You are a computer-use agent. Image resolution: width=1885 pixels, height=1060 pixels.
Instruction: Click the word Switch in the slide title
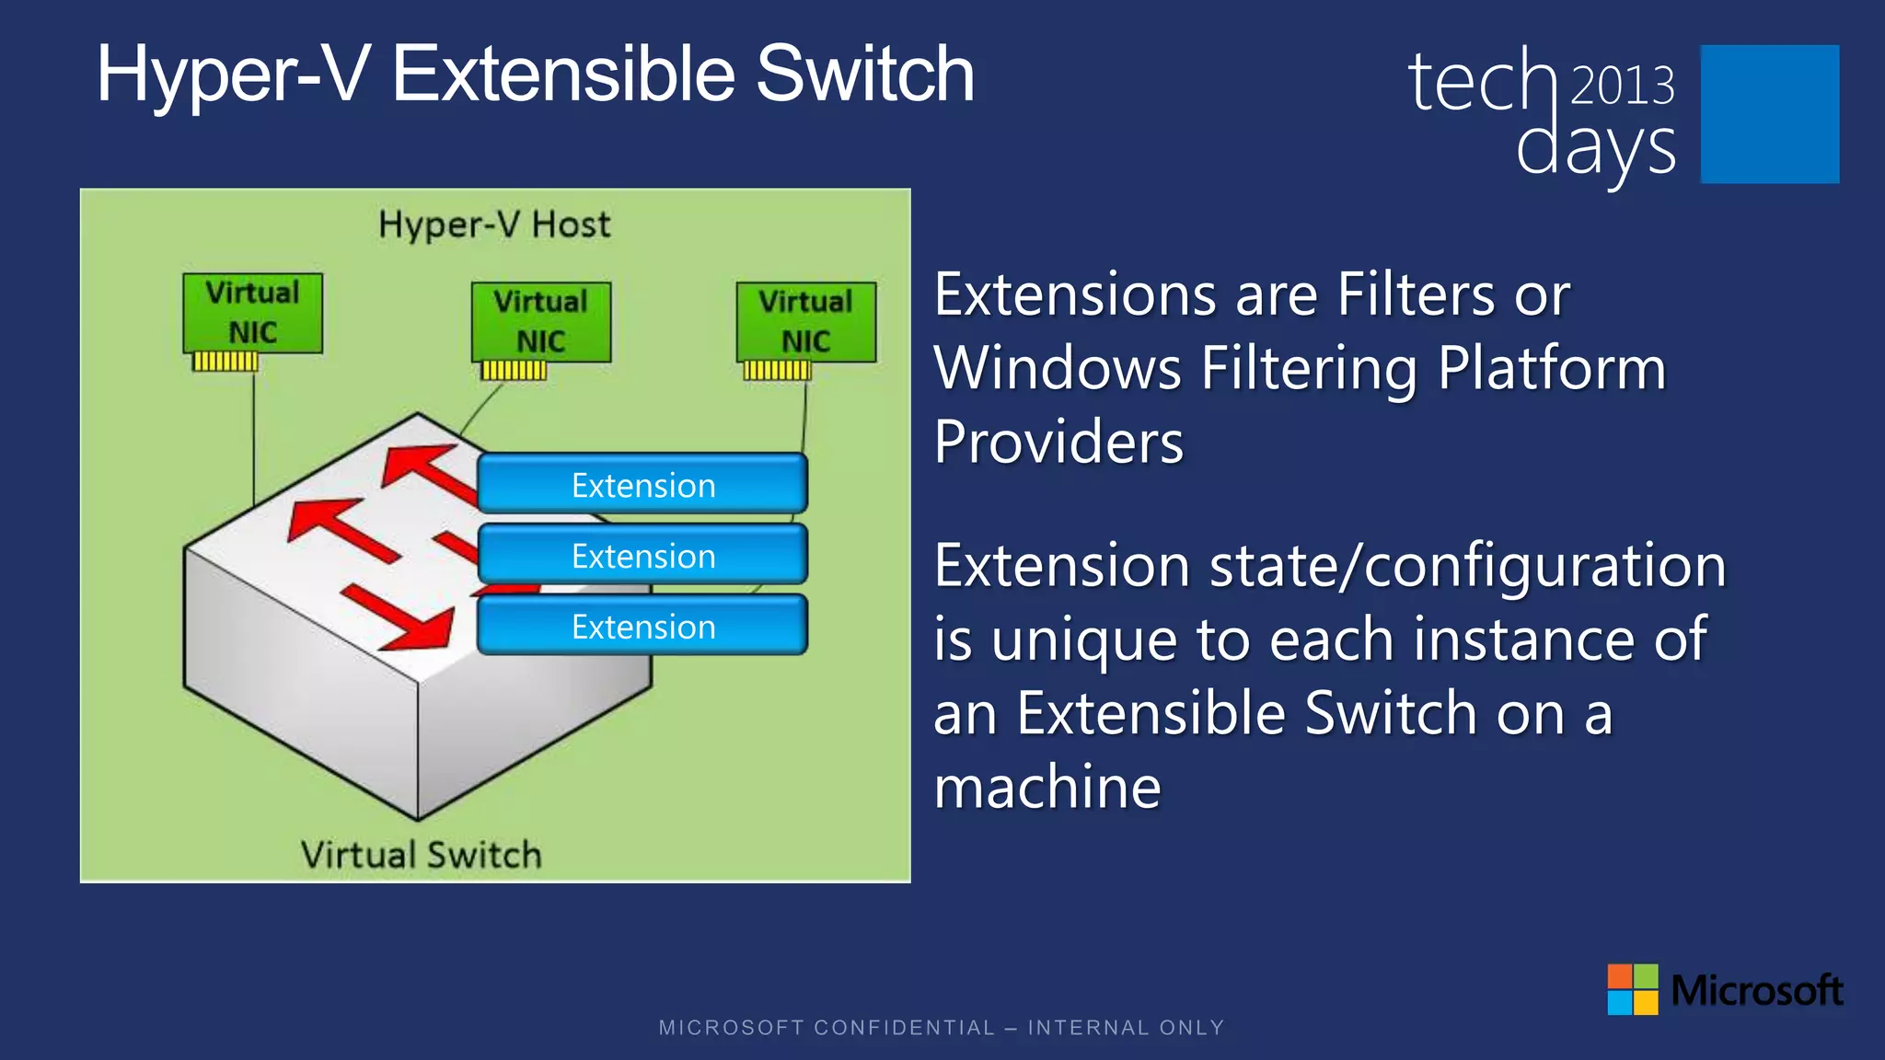coord(864,75)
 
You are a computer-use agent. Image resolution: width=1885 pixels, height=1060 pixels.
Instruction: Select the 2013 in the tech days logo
coord(1622,86)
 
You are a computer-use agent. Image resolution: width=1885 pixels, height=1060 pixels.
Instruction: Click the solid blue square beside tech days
coord(1769,114)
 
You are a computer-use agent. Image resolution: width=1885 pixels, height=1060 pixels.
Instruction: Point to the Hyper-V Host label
coord(494,225)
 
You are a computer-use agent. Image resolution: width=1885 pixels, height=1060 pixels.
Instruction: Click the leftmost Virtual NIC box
coord(252,313)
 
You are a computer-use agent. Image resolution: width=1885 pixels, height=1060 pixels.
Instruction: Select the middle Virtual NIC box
coord(540,322)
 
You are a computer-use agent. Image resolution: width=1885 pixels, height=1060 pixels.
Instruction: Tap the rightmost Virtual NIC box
coord(805,322)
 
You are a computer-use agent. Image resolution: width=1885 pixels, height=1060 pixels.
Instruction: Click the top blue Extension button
coord(642,484)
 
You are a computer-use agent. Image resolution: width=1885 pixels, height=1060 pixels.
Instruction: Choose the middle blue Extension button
coord(642,555)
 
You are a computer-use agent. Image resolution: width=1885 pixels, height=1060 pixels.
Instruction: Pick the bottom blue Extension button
coord(642,626)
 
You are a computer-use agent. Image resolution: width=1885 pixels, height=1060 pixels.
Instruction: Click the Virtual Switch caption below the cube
coord(421,855)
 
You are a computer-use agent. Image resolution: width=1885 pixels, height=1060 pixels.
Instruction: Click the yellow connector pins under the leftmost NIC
coord(225,362)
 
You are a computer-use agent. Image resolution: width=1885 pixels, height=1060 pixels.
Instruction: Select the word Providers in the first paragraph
coord(1058,443)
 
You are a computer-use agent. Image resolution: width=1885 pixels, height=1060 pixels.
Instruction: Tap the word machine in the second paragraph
coord(1047,788)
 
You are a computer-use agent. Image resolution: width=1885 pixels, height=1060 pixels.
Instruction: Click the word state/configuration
coord(1467,566)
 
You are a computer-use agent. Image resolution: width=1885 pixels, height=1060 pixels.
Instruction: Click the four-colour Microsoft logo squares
coord(1632,989)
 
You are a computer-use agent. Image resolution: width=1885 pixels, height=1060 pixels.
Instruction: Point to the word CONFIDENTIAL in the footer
coord(905,1028)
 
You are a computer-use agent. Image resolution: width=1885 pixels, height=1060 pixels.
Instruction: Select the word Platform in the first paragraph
coord(1552,369)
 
